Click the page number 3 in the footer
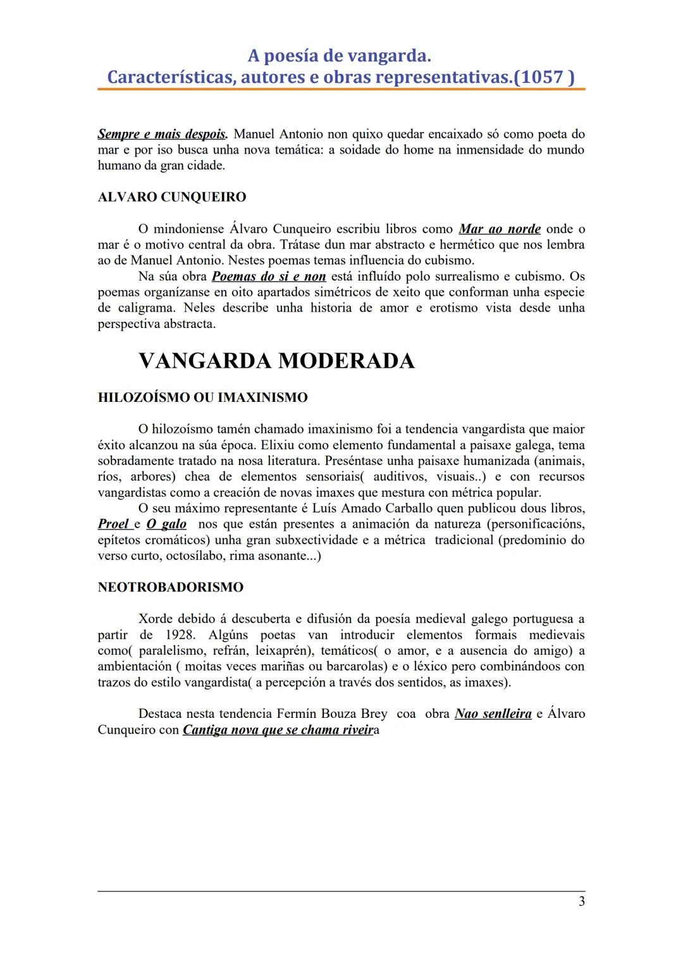(581, 902)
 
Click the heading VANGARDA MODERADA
(276, 361)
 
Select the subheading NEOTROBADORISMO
(171, 587)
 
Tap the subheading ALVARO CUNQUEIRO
(172, 197)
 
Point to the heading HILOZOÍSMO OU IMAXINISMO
(202, 398)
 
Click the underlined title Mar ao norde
(500, 229)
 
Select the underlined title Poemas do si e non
(269, 276)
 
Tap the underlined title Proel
(114, 524)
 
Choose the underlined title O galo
(166, 524)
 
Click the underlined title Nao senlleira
(493, 713)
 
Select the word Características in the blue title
(169, 77)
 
